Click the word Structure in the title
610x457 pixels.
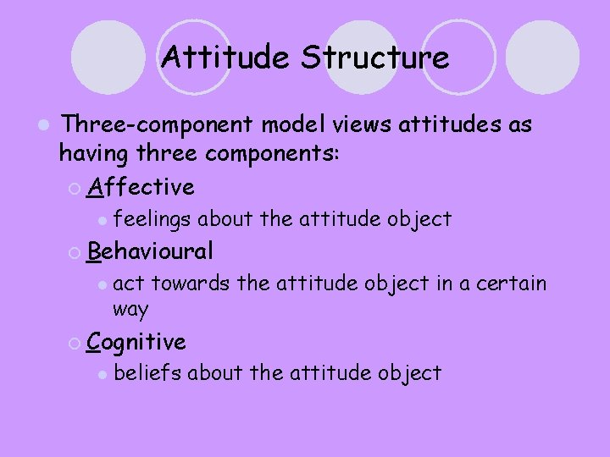click(376, 58)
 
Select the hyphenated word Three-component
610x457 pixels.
click(158, 125)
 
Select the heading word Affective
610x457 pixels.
click(141, 186)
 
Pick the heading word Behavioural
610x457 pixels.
click(151, 251)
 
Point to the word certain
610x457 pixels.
click(509, 284)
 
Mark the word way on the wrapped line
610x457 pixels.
click(130, 309)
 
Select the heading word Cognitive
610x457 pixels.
click(137, 342)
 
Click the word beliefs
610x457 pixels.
click(147, 372)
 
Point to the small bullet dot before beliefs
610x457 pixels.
click(101, 374)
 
